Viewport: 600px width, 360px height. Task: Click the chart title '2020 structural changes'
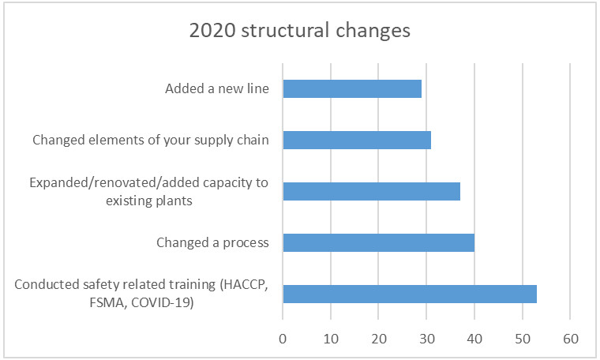pos(300,31)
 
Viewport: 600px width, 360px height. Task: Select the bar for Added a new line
pos(352,88)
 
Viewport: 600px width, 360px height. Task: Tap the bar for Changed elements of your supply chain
pos(357,140)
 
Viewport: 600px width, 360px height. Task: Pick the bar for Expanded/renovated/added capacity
pos(372,191)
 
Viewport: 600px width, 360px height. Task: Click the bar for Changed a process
pos(379,242)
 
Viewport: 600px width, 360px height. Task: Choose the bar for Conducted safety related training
pos(410,294)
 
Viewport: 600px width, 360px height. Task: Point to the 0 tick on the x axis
pos(283,339)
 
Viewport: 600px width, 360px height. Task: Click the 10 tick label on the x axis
pos(331,339)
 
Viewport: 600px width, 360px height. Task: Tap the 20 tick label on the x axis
pos(378,339)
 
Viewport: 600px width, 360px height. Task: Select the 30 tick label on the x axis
pos(426,339)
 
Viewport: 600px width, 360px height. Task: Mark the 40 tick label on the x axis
pos(474,339)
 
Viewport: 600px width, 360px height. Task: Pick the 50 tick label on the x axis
pos(523,339)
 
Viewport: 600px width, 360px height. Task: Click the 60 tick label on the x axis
pos(570,339)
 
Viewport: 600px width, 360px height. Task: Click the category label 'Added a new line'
pos(217,88)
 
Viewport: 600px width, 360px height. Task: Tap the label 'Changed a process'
pos(212,243)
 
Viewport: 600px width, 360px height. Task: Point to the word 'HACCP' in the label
pos(244,285)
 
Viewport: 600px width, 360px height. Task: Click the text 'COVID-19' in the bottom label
pos(163,302)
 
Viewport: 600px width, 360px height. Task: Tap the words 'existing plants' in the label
pos(149,201)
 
